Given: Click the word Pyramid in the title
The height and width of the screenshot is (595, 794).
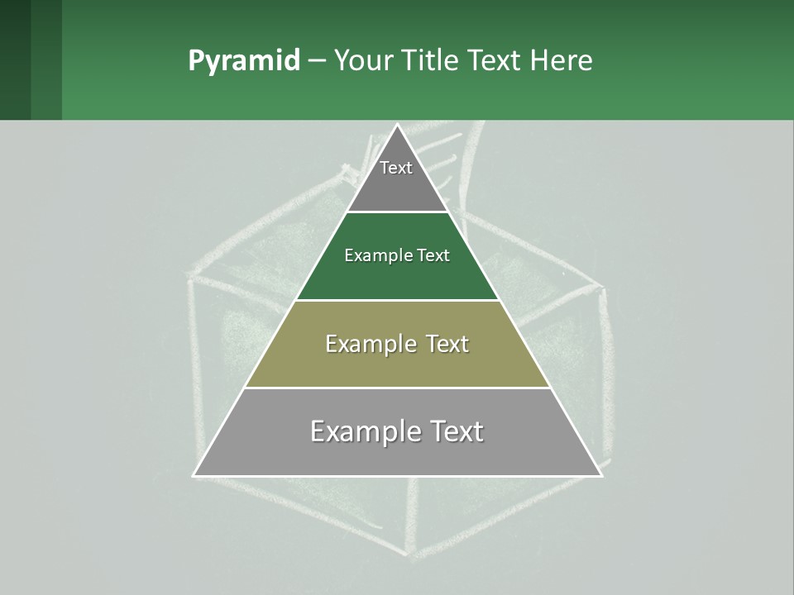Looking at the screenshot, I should point(243,61).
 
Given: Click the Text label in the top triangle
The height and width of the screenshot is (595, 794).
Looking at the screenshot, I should point(396,168).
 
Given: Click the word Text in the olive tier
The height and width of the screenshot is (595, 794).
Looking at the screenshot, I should point(447,344).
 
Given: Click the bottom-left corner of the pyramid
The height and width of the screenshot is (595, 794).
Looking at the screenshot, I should point(194,475).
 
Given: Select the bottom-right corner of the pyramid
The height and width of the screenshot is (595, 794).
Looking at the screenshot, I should point(601,475).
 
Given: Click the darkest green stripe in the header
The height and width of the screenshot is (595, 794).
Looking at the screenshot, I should point(15,59).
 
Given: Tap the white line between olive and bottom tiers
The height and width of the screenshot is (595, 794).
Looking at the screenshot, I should point(397,388).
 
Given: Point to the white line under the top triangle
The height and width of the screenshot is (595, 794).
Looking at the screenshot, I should point(397,212).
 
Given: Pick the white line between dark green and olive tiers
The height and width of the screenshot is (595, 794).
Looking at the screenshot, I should point(397,300).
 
